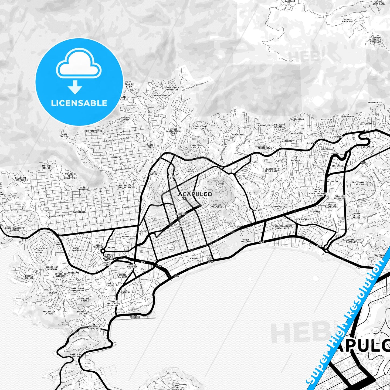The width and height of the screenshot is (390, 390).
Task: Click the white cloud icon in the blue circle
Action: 79,65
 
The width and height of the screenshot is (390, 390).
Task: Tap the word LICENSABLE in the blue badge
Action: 79,103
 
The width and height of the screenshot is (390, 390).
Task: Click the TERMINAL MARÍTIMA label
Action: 135,317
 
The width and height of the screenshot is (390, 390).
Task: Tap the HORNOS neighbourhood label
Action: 193,258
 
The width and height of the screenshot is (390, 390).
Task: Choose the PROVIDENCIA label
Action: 375,103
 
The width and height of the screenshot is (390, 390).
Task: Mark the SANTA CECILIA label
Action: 64,135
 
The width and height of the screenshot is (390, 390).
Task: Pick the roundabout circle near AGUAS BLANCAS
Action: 103,251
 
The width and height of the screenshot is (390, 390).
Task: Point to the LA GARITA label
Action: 368,147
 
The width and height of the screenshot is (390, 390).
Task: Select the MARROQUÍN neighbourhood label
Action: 279,206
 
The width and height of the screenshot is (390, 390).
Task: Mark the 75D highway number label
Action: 363,162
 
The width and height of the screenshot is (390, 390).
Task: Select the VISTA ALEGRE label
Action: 153,173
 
